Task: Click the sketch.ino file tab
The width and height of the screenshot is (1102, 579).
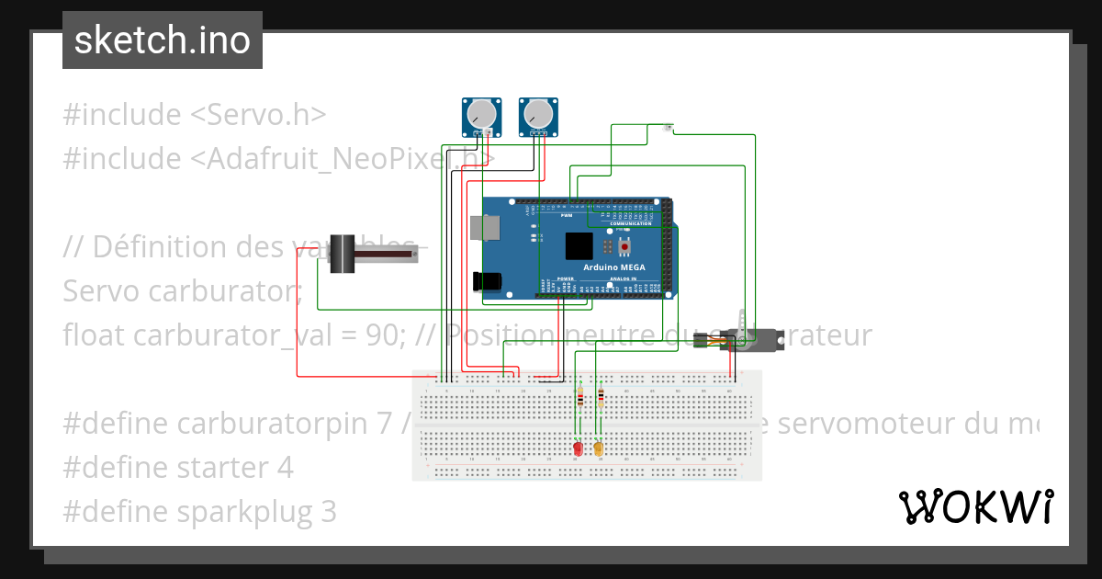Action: (x=163, y=40)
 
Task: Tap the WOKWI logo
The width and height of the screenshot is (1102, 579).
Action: (x=975, y=506)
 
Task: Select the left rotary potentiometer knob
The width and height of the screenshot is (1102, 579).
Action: (x=480, y=114)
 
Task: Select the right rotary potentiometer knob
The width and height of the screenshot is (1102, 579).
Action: (x=538, y=114)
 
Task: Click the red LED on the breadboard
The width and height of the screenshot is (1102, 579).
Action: (x=578, y=448)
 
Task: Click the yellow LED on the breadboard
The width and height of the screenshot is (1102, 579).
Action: (x=599, y=448)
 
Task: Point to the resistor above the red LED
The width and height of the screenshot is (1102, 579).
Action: (x=579, y=397)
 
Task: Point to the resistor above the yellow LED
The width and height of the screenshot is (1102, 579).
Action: (x=601, y=397)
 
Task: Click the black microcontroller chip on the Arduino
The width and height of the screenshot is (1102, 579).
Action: (x=579, y=246)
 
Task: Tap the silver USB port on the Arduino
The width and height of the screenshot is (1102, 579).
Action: (x=480, y=228)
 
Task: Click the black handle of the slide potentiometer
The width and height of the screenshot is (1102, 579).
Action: (x=343, y=254)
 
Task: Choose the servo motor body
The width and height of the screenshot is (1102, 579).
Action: (x=755, y=341)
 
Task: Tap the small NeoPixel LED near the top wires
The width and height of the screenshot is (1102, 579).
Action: (x=668, y=127)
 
